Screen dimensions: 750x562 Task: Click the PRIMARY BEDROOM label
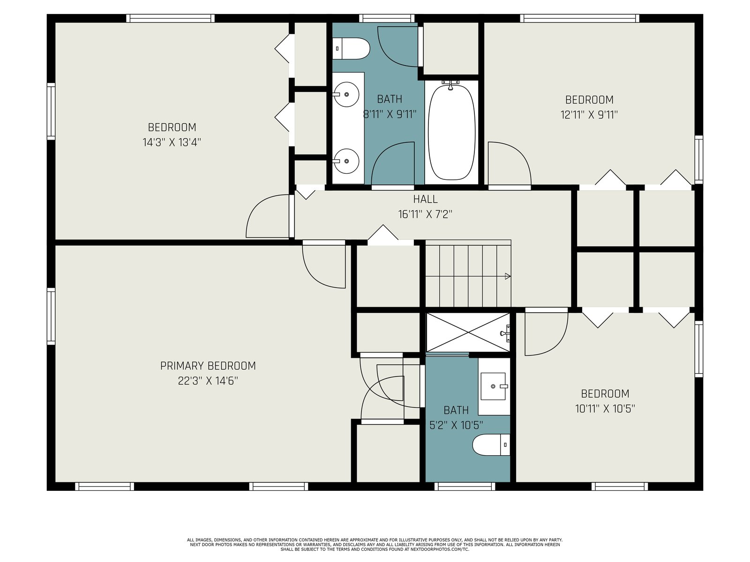pos(208,366)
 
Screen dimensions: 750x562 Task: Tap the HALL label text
pos(425,199)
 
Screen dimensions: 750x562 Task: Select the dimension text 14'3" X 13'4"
pos(172,142)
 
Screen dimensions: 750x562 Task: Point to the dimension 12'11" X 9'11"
pos(589,115)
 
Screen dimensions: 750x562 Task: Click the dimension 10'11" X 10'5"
pos(605,408)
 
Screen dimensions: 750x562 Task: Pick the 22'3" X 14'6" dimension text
pos(208,380)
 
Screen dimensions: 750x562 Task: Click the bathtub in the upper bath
pos(451,132)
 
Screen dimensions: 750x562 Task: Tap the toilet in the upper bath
pos(351,48)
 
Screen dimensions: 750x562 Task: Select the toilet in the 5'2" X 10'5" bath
pos(491,444)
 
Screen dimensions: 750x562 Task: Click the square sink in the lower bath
pos(493,386)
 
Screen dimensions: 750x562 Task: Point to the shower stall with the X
pos(468,333)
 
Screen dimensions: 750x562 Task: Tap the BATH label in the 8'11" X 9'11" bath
pos(390,99)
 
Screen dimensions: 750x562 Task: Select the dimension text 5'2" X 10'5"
pos(456,425)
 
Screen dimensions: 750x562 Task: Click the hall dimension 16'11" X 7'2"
pos(425,214)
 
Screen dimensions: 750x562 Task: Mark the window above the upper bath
pos(387,18)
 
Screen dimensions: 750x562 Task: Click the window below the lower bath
pos(465,486)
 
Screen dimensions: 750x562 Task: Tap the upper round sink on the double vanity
pos(346,94)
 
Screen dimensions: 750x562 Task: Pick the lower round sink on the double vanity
pos(346,161)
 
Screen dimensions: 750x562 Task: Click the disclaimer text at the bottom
pos(375,545)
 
